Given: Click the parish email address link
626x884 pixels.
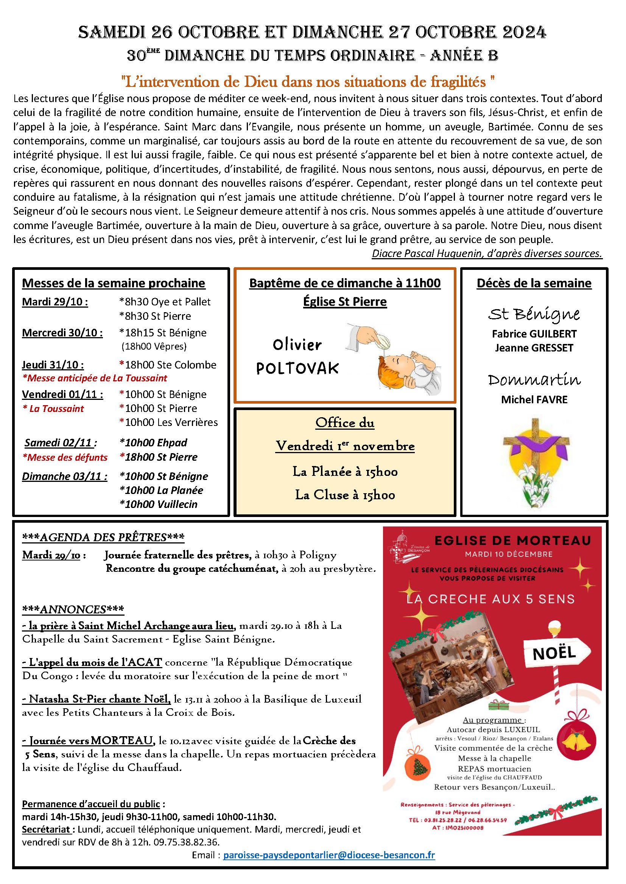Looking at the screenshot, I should pos(329,855).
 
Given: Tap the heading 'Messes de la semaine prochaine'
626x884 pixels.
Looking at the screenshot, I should pos(113,283).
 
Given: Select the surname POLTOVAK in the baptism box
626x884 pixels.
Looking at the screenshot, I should pos(297,368).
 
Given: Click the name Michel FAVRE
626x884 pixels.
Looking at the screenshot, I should pos(534,399).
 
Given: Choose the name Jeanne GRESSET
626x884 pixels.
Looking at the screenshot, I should pos(534,348).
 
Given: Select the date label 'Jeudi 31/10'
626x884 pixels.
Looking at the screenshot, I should pos(53,365).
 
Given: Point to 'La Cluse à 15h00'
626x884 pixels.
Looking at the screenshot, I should pos(345,495).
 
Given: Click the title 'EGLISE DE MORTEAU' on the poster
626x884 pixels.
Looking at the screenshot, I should pos(512,541).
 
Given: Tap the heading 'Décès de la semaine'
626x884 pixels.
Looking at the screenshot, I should pos(534,283).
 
